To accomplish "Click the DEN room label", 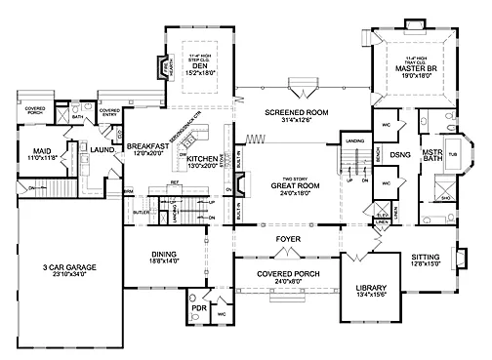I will (x=202, y=64).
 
